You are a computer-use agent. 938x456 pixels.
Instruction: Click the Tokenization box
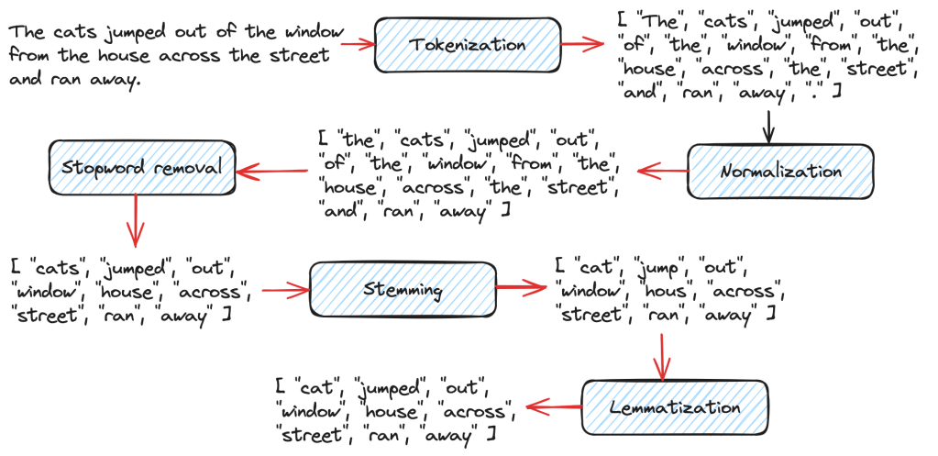(467, 44)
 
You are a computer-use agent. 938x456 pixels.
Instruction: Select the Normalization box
(780, 171)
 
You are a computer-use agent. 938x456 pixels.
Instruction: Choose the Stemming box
(403, 290)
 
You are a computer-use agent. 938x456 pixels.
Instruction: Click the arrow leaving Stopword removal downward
(136, 221)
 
